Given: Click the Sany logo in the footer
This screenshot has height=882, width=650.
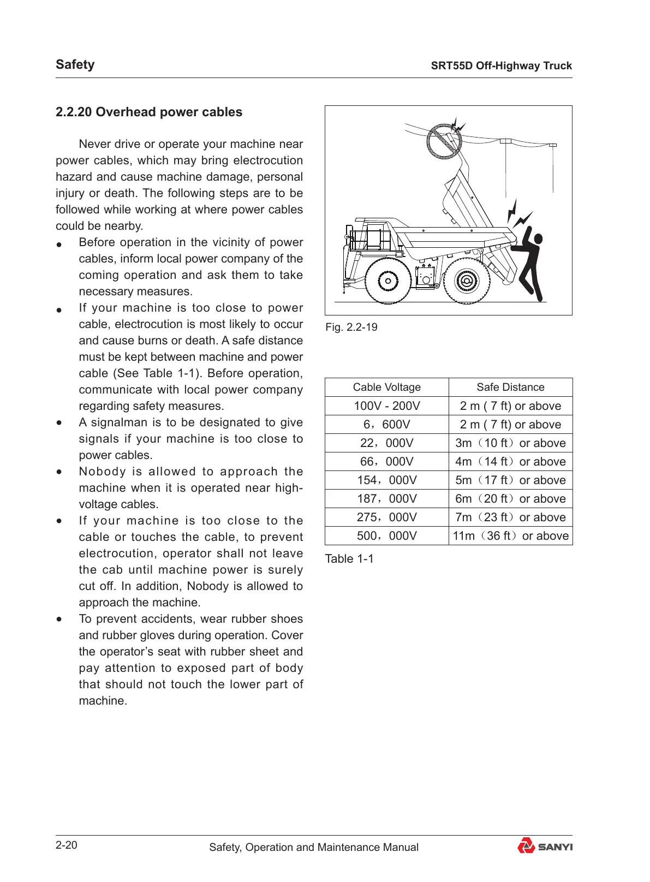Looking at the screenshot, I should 544,846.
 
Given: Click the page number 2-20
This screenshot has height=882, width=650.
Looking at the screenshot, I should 67,845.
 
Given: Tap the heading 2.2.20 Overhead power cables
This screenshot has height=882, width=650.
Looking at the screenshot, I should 149,112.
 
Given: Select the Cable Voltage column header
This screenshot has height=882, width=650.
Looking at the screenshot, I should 387,387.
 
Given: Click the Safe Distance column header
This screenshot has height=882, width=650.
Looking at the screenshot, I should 510,387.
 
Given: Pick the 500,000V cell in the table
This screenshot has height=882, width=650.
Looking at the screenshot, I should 387,535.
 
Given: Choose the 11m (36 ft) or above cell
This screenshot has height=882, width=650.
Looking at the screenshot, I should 510,535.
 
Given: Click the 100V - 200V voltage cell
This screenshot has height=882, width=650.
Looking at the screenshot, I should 387,406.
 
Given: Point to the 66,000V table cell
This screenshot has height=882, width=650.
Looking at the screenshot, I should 387,461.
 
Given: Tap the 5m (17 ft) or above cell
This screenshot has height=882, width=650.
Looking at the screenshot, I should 510,480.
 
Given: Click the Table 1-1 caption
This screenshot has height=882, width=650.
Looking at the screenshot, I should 349,558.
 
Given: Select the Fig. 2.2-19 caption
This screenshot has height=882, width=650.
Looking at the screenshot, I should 351,327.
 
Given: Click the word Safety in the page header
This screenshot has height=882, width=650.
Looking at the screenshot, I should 75,64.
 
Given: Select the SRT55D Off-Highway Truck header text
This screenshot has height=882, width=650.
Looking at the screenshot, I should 501,65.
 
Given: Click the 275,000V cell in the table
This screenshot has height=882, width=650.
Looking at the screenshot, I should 387,517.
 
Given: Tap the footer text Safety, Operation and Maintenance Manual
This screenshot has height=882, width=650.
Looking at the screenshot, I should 314,847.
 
